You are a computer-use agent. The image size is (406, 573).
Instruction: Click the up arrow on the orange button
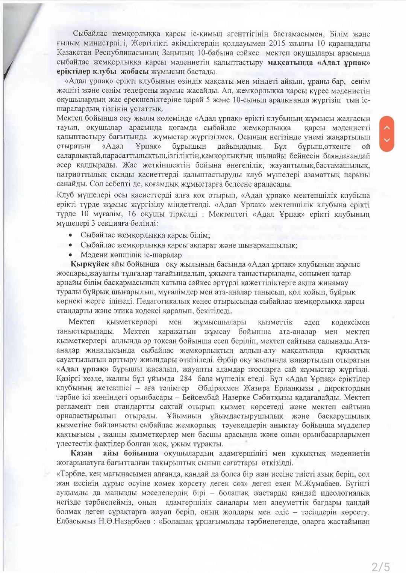387,127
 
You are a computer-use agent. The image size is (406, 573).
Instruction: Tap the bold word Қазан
82,453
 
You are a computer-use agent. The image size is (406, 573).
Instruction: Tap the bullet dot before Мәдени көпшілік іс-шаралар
71,255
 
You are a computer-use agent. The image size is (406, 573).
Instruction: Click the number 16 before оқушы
132,214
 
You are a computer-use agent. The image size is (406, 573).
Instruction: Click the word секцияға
106,223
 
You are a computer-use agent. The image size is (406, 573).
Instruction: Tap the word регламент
74,407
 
